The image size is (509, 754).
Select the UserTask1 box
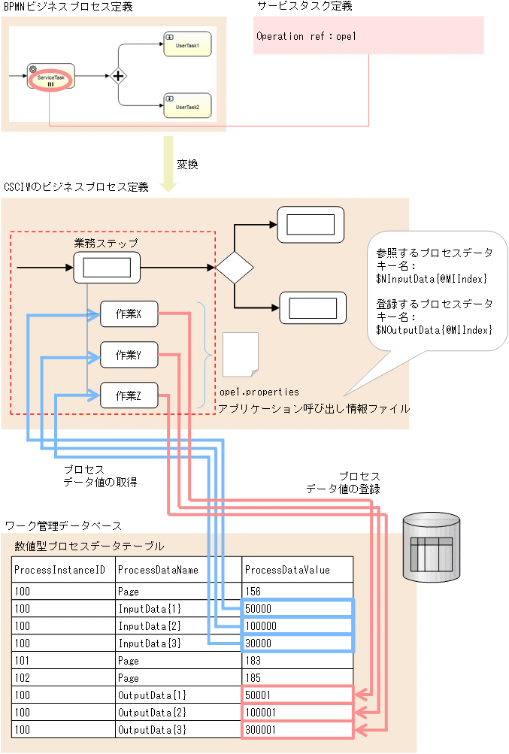click(x=187, y=44)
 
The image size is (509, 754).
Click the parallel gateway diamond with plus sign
click(x=118, y=76)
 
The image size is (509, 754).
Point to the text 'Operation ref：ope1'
click(x=306, y=36)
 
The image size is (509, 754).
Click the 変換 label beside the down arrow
click(x=187, y=164)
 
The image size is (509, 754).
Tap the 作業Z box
click(x=129, y=395)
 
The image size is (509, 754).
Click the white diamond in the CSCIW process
click(x=235, y=266)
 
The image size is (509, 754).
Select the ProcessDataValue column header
click(x=287, y=570)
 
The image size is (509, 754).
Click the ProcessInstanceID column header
click(x=59, y=570)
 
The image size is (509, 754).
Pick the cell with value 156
click(x=253, y=592)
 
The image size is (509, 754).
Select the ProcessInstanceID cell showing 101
click(x=22, y=660)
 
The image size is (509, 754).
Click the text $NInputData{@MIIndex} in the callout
click(x=432, y=279)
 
